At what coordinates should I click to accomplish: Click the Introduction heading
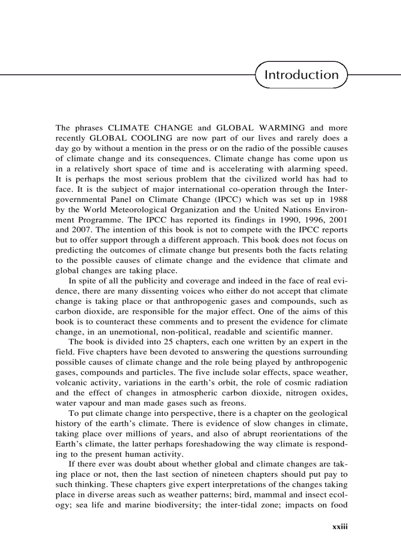tap(301, 75)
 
